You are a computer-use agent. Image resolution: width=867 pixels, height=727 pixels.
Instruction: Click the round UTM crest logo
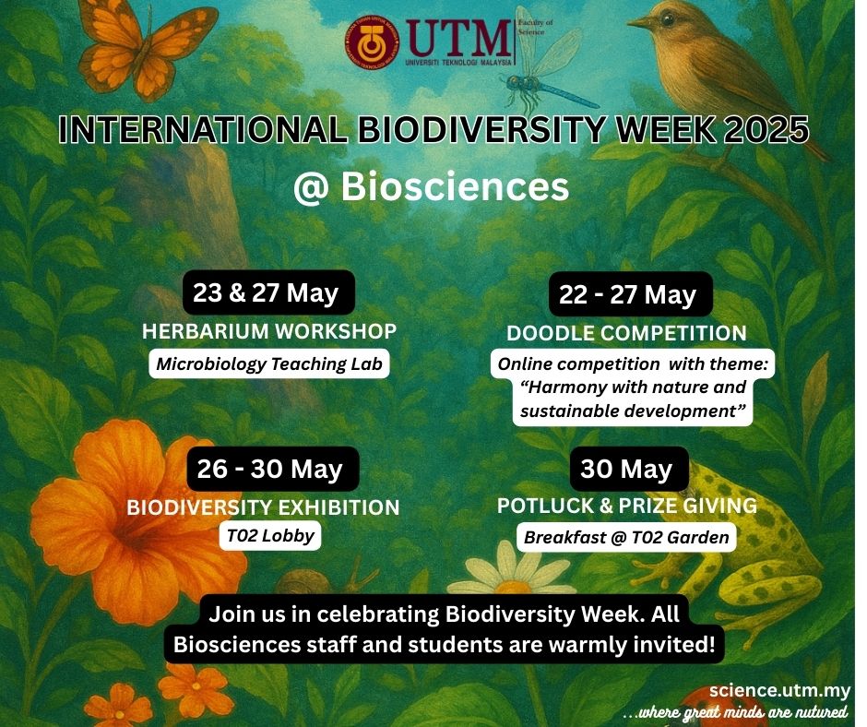tap(372, 42)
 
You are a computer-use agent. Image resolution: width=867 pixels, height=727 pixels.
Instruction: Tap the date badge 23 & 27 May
tap(268, 292)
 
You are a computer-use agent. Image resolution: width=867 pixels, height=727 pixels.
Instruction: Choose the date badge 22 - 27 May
tap(630, 294)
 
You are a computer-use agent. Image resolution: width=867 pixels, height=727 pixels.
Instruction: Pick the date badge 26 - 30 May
tap(273, 469)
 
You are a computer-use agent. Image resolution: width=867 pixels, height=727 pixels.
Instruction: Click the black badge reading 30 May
tap(629, 469)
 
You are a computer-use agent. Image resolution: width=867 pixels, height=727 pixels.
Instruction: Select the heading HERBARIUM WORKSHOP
tap(269, 331)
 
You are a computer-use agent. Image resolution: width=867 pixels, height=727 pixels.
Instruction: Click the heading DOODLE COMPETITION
tap(626, 333)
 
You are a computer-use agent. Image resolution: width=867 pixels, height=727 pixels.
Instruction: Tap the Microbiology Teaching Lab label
tap(269, 363)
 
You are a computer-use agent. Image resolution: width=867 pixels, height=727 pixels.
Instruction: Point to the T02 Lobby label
tap(270, 536)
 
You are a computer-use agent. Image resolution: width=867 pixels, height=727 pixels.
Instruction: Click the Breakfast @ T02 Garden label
tap(626, 537)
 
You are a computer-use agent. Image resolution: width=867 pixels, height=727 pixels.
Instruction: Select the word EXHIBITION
tap(338, 507)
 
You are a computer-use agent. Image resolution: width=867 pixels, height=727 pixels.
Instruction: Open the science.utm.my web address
tap(779, 691)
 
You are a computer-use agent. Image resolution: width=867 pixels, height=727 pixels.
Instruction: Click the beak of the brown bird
tap(638, 22)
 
